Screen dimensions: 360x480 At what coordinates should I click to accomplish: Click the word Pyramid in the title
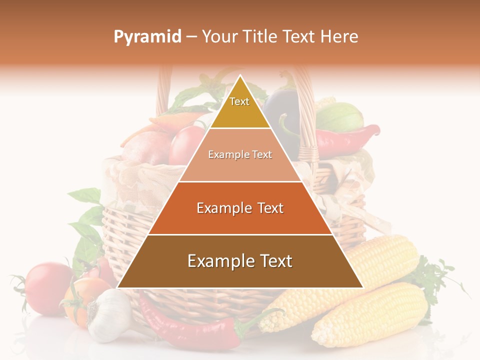[147, 37]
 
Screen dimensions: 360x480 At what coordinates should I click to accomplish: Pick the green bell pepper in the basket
[340, 117]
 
